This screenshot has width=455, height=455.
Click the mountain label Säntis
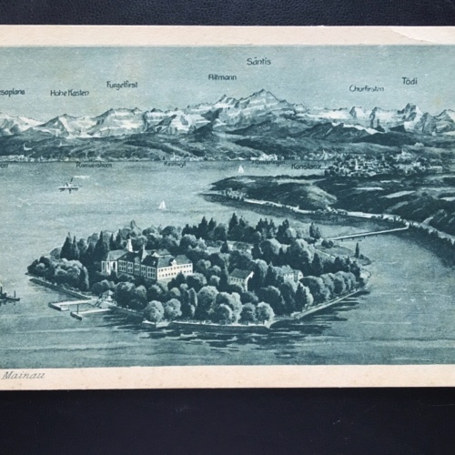[x=258, y=62]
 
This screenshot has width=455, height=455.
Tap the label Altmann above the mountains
[x=222, y=76]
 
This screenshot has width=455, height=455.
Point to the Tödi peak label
[x=409, y=82]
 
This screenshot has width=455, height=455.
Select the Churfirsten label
[x=366, y=88]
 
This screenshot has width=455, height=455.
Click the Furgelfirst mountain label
[x=122, y=85]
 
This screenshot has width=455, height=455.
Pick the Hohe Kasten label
[x=69, y=92]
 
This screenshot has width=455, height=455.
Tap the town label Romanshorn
[x=94, y=165]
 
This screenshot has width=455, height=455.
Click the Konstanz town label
[x=307, y=166]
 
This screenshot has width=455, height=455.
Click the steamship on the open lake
[x=69, y=186]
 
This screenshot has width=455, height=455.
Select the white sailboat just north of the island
[x=162, y=207]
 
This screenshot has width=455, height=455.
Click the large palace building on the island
[x=155, y=265]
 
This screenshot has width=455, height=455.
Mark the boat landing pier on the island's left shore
[x=69, y=306]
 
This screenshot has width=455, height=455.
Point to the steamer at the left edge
[x=7, y=295]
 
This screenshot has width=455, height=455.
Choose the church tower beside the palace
[x=130, y=247]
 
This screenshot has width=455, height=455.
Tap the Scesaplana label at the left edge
[x=12, y=92]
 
